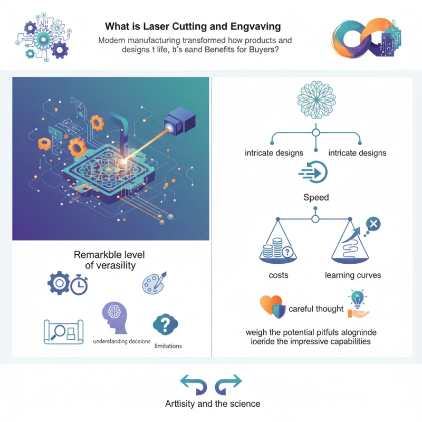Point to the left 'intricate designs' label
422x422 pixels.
274,153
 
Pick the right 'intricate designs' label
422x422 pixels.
357,153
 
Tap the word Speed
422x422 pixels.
316,197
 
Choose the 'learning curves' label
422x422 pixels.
353,275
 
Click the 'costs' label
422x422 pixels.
277,275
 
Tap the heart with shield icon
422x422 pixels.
273,307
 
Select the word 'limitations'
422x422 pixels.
168,346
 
